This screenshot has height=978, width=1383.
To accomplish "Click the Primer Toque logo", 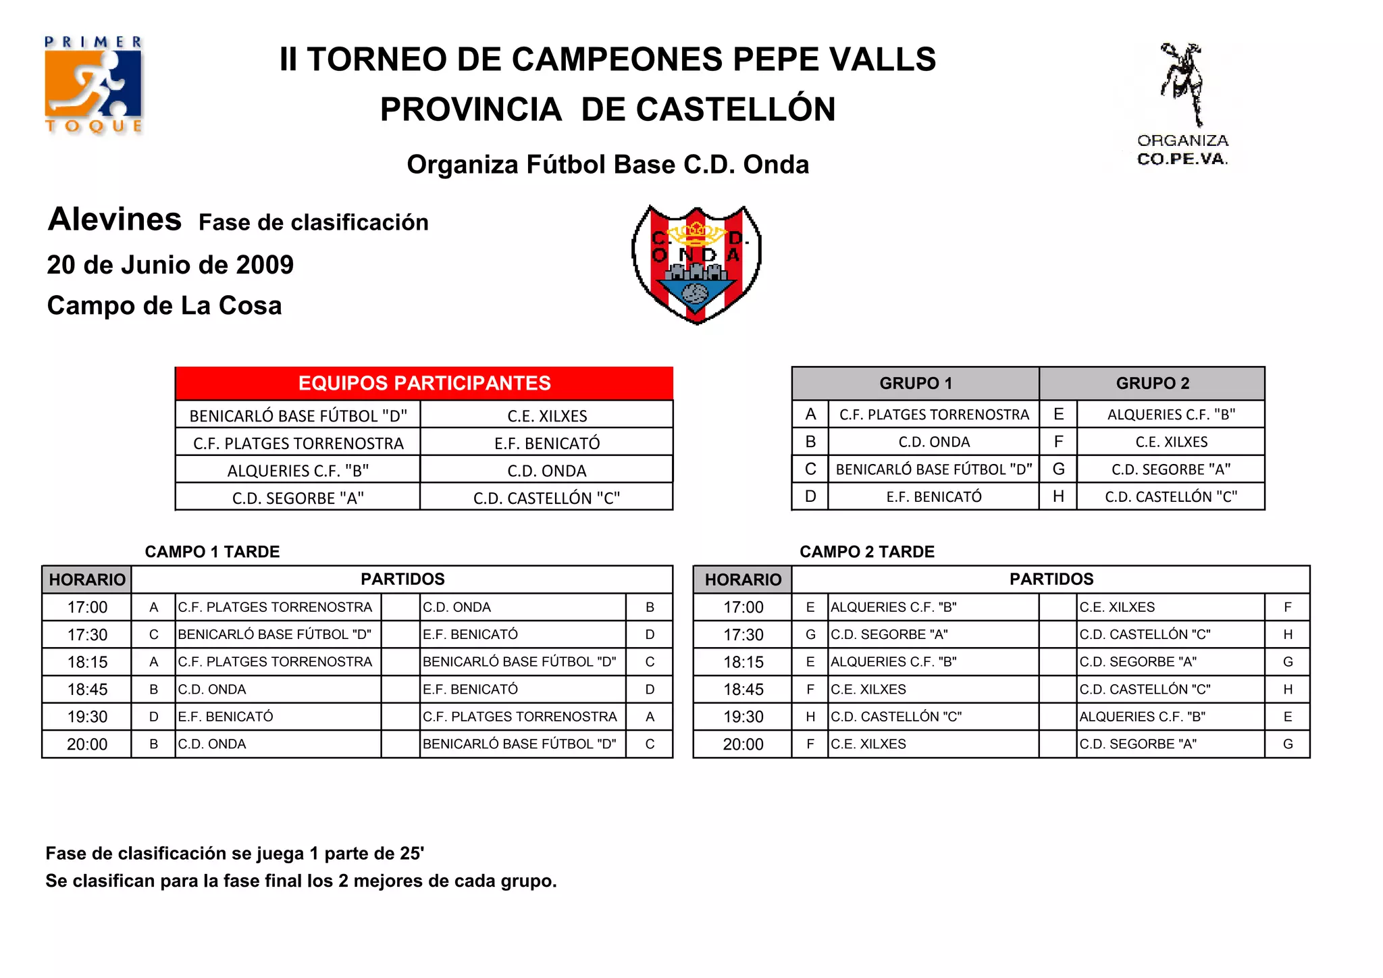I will tap(93, 84).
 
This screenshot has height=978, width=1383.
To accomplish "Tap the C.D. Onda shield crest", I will tap(696, 264).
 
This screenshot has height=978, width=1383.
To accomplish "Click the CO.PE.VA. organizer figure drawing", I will tap(1182, 84).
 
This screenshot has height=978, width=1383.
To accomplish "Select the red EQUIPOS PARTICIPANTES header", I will tap(424, 383).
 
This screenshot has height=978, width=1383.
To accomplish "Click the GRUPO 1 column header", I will tap(915, 383).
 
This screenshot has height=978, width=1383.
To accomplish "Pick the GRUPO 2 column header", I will tap(1152, 383).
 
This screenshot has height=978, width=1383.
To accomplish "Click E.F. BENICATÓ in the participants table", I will tap(547, 443).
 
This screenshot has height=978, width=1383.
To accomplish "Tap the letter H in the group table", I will tap(1058, 496).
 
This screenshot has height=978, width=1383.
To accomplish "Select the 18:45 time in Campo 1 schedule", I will tap(87, 690).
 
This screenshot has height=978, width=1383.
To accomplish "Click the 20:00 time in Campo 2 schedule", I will tap(743, 744).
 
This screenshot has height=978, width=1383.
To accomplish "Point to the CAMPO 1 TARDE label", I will tap(212, 552).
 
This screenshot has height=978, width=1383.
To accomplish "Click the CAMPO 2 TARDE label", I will tap(867, 552).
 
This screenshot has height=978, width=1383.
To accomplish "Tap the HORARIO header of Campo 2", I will tap(743, 580).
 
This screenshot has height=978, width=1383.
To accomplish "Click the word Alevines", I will tap(115, 220).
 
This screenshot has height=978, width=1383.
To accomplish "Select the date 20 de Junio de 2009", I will tap(170, 265).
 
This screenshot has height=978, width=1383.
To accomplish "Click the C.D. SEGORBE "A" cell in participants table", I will tap(298, 498).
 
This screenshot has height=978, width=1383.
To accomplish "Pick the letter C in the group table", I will tap(810, 469).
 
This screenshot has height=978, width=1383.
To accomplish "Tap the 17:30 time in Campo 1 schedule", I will tap(87, 635).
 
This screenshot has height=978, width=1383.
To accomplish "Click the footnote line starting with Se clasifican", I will tap(301, 881).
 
